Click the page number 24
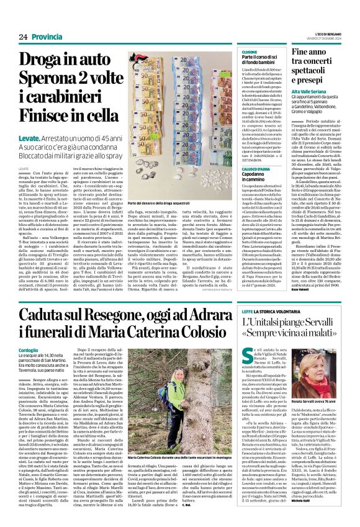coord(22,36)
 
